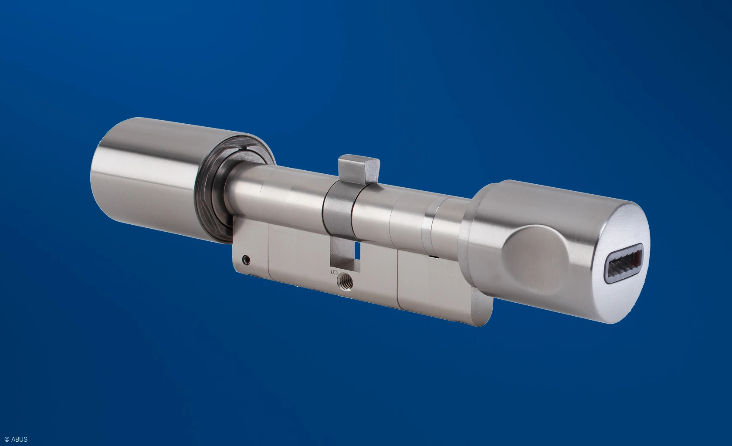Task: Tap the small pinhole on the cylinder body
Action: coord(247,260)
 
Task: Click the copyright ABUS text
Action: coord(14,439)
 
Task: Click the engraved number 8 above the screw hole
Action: coord(334,273)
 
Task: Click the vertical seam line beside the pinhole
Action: coord(268,261)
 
